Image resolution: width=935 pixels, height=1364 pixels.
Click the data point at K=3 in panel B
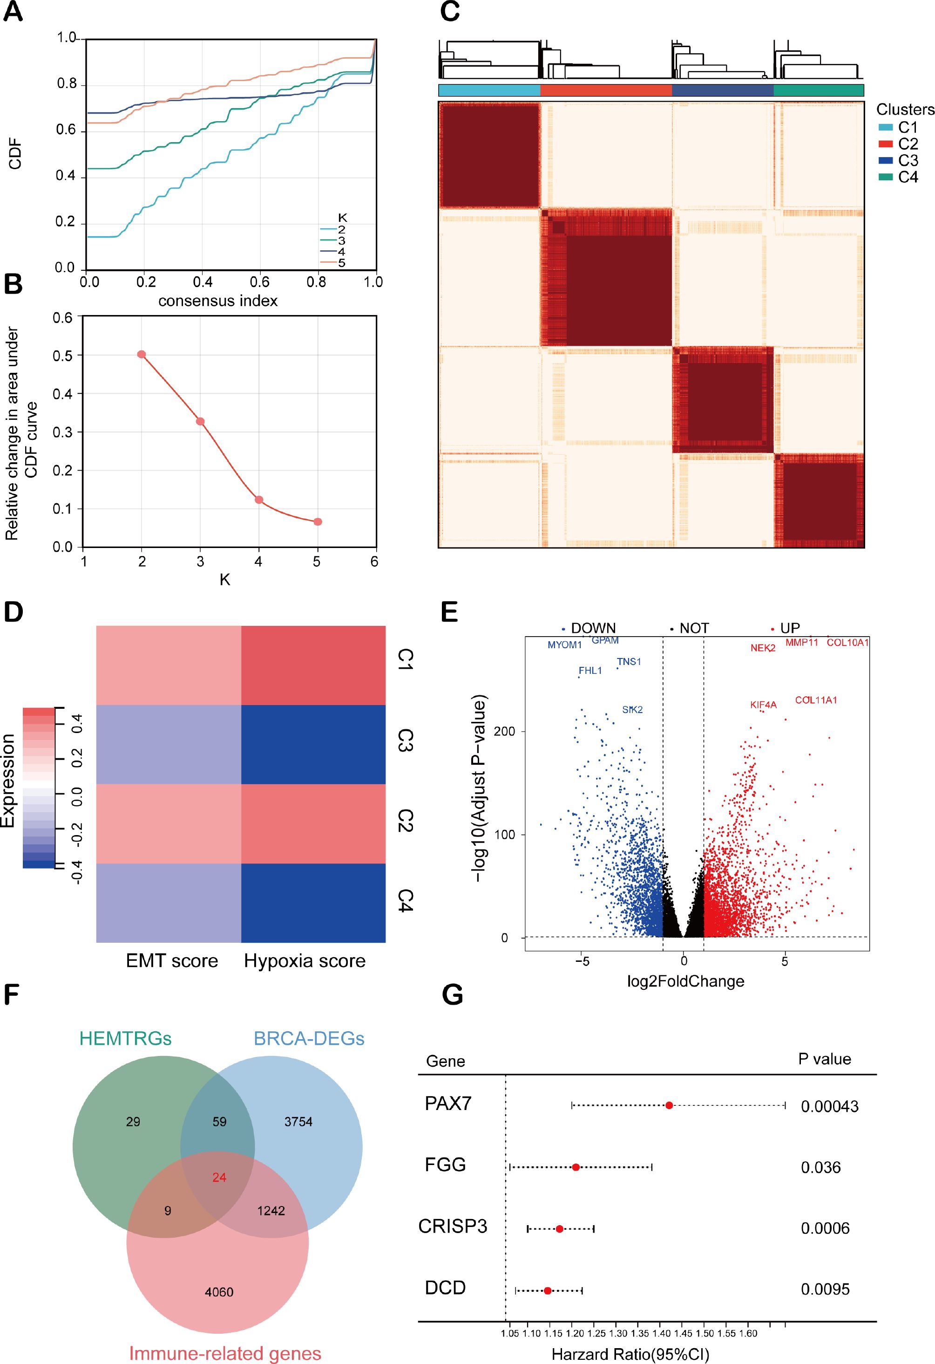click(x=200, y=421)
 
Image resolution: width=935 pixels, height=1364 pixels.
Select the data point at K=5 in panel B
click(x=318, y=521)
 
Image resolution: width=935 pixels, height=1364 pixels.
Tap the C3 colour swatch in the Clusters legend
click(x=886, y=160)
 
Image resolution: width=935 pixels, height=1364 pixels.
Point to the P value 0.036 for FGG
click(x=820, y=1167)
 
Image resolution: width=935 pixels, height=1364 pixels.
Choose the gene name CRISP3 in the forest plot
click(x=452, y=1227)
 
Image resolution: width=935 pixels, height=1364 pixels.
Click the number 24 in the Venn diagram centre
click(x=219, y=1177)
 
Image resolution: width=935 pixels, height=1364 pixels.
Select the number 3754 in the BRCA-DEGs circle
click(x=298, y=1122)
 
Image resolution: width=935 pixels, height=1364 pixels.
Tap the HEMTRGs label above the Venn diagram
click(x=126, y=1038)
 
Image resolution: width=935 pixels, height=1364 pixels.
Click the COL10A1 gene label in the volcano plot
click(x=847, y=643)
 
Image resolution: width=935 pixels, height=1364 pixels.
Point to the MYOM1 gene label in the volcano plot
click(x=564, y=645)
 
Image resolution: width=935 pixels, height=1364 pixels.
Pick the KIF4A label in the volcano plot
click(x=763, y=705)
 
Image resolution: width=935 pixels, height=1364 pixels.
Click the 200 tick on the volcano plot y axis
click(x=508, y=731)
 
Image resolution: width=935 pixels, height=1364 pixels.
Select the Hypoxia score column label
click(x=305, y=961)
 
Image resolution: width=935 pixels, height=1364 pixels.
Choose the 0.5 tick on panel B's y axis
click(x=63, y=355)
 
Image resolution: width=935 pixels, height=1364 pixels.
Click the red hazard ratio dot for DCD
click(x=547, y=1290)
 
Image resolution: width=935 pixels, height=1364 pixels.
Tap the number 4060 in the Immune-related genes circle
click(x=219, y=1291)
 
